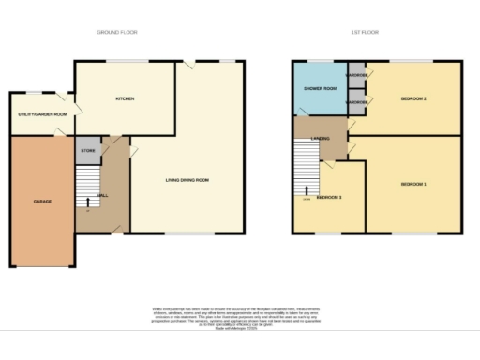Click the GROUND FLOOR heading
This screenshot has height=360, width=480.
pyautogui.click(x=117, y=32)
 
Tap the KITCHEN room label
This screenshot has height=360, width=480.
pyautogui.click(x=124, y=98)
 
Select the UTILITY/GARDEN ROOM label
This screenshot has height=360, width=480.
pyautogui.click(x=42, y=114)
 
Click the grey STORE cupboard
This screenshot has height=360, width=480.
pyautogui.click(x=88, y=150)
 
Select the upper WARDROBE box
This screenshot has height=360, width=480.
pyautogui.click(x=356, y=74)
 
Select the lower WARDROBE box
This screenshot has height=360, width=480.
pyautogui.click(x=356, y=101)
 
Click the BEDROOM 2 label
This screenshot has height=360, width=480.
pyautogui.click(x=413, y=98)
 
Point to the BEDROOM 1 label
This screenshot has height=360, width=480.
pyautogui.click(x=413, y=184)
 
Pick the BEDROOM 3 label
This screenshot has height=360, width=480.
pyautogui.click(x=329, y=198)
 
